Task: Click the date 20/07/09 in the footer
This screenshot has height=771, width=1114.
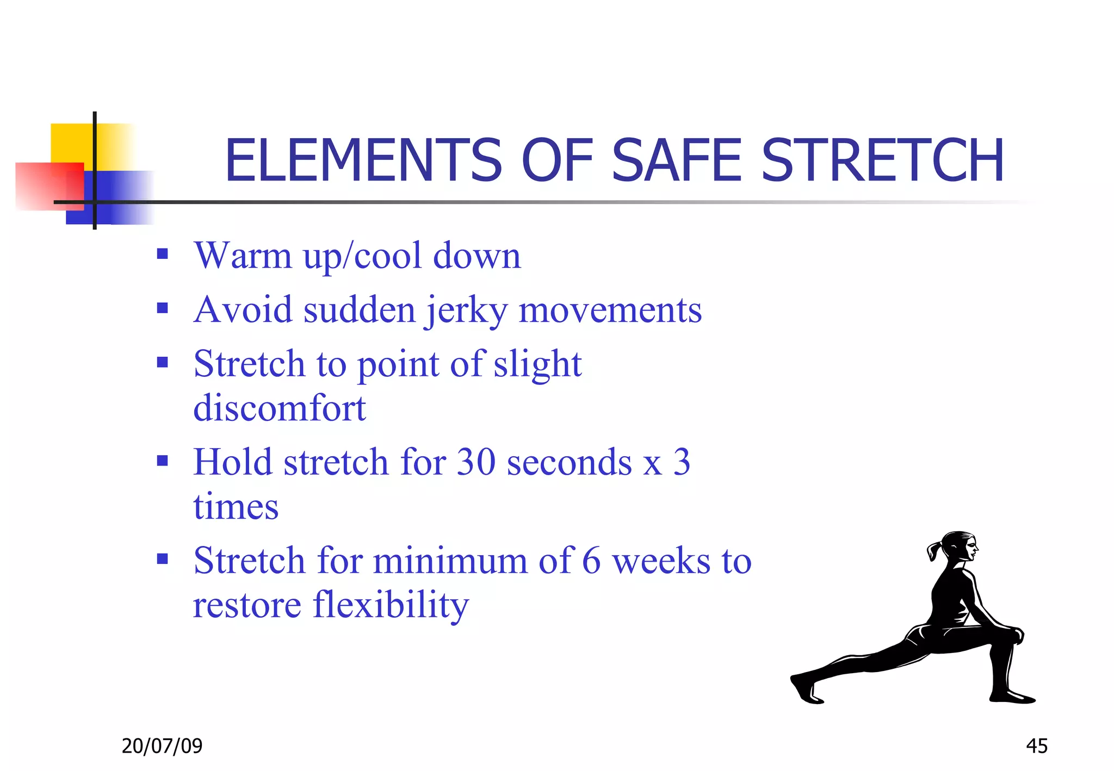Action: pyautogui.click(x=162, y=746)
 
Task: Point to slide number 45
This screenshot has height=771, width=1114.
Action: pyautogui.click(x=1036, y=746)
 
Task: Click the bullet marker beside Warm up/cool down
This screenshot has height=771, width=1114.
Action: pyautogui.click(x=162, y=254)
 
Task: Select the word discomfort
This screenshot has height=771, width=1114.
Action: pyautogui.click(x=280, y=408)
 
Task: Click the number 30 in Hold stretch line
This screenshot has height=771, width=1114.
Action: pyautogui.click(x=476, y=462)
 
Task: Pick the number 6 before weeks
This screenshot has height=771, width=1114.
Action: pyautogui.click(x=591, y=561)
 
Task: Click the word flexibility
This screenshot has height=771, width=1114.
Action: pyautogui.click(x=391, y=605)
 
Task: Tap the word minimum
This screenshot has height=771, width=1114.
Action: pyautogui.click(x=450, y=561)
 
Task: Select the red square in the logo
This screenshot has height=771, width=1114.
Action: pyautogui.click(x=46, y=185)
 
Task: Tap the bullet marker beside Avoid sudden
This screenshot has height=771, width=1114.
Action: pyautogui.click(x=162, y=308)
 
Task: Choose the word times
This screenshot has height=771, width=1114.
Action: pyautogui.click(x=236, y=507)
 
